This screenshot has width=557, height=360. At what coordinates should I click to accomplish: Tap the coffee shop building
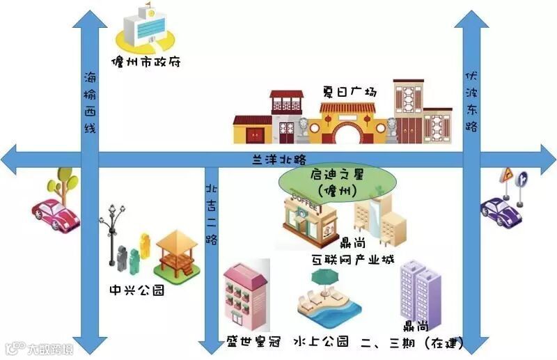[x=306, y=219]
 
